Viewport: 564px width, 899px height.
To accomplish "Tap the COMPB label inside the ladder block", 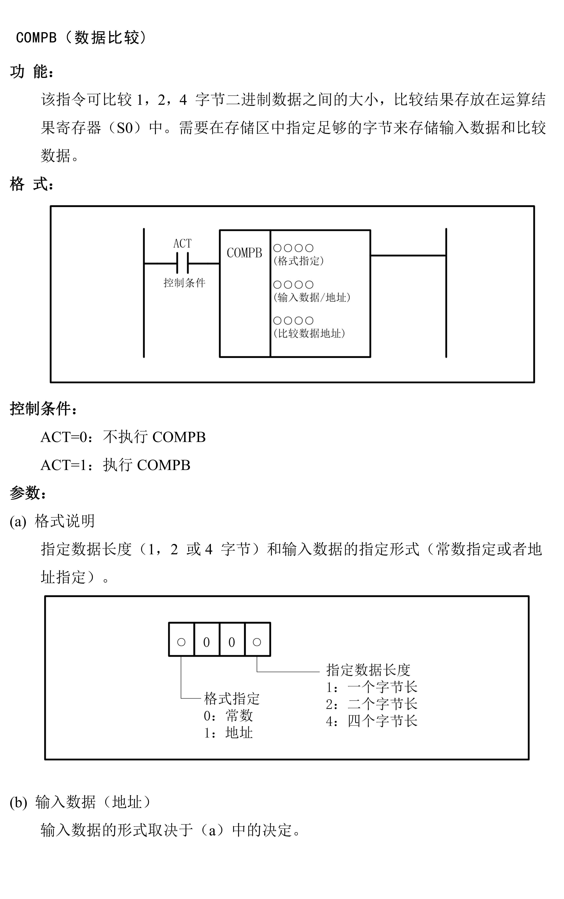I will [244, 253].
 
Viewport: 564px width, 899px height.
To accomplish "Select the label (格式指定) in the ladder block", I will [298, 261].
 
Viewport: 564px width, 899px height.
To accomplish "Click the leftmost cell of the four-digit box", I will [181, 642].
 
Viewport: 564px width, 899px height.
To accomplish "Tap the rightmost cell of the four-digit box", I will [257, 642].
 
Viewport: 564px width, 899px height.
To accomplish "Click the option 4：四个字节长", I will [371, 721].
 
